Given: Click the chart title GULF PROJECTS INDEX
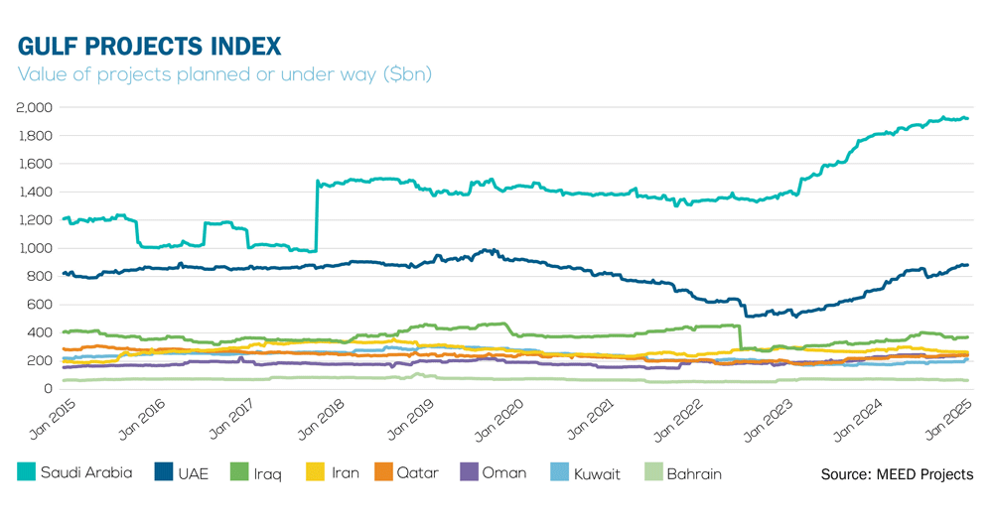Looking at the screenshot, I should point(149,46).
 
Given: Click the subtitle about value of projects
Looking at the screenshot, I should point(224,74).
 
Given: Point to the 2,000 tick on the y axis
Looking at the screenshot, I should point(36,107).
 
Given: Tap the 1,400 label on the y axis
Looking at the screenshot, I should point(36,192).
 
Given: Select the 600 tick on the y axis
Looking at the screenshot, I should point(42,305).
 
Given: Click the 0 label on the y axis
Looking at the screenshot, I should point(51,389).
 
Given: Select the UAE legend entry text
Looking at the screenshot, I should point(193,474).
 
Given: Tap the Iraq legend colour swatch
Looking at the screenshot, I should point(239,473).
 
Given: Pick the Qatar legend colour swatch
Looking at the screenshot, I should point(383,473).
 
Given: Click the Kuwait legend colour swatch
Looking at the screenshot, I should point(558,473).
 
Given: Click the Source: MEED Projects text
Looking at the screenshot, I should point(897,474).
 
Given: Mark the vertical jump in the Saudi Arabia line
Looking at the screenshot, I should point(317,216).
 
